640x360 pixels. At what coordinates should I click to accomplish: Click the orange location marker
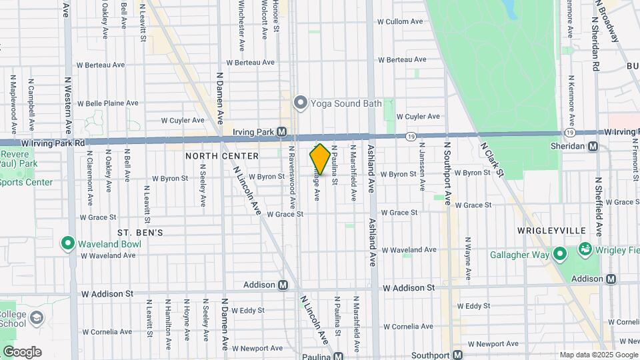[x=320, y=159]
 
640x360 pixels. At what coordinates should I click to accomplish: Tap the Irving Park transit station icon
[x=283, y=132]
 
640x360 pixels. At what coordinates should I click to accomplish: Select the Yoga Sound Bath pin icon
[x=300, y=103]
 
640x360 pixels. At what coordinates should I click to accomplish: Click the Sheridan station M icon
[x=593, y=146]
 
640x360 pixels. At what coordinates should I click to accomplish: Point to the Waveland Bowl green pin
[x=68, y=243]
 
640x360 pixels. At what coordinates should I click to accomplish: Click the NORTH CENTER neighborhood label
[x=222, y=156]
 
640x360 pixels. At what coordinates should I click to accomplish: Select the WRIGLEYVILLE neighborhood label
[x=551, y=230]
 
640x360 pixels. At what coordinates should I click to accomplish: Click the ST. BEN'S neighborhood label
[x=140, y=233]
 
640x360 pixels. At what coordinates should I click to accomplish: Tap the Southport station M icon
[x=458, y=355]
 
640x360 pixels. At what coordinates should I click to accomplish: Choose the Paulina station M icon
[x=339, y=356]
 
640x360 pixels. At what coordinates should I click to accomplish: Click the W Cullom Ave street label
[x=400, y=22]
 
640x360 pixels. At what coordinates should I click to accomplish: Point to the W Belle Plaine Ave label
[x=107, y=103]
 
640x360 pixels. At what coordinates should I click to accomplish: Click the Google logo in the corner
[x=21, y=352]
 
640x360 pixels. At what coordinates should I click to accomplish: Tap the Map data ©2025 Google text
[x=598, y=355]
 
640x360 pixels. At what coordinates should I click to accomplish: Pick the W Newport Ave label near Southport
[x=493, y=344]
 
